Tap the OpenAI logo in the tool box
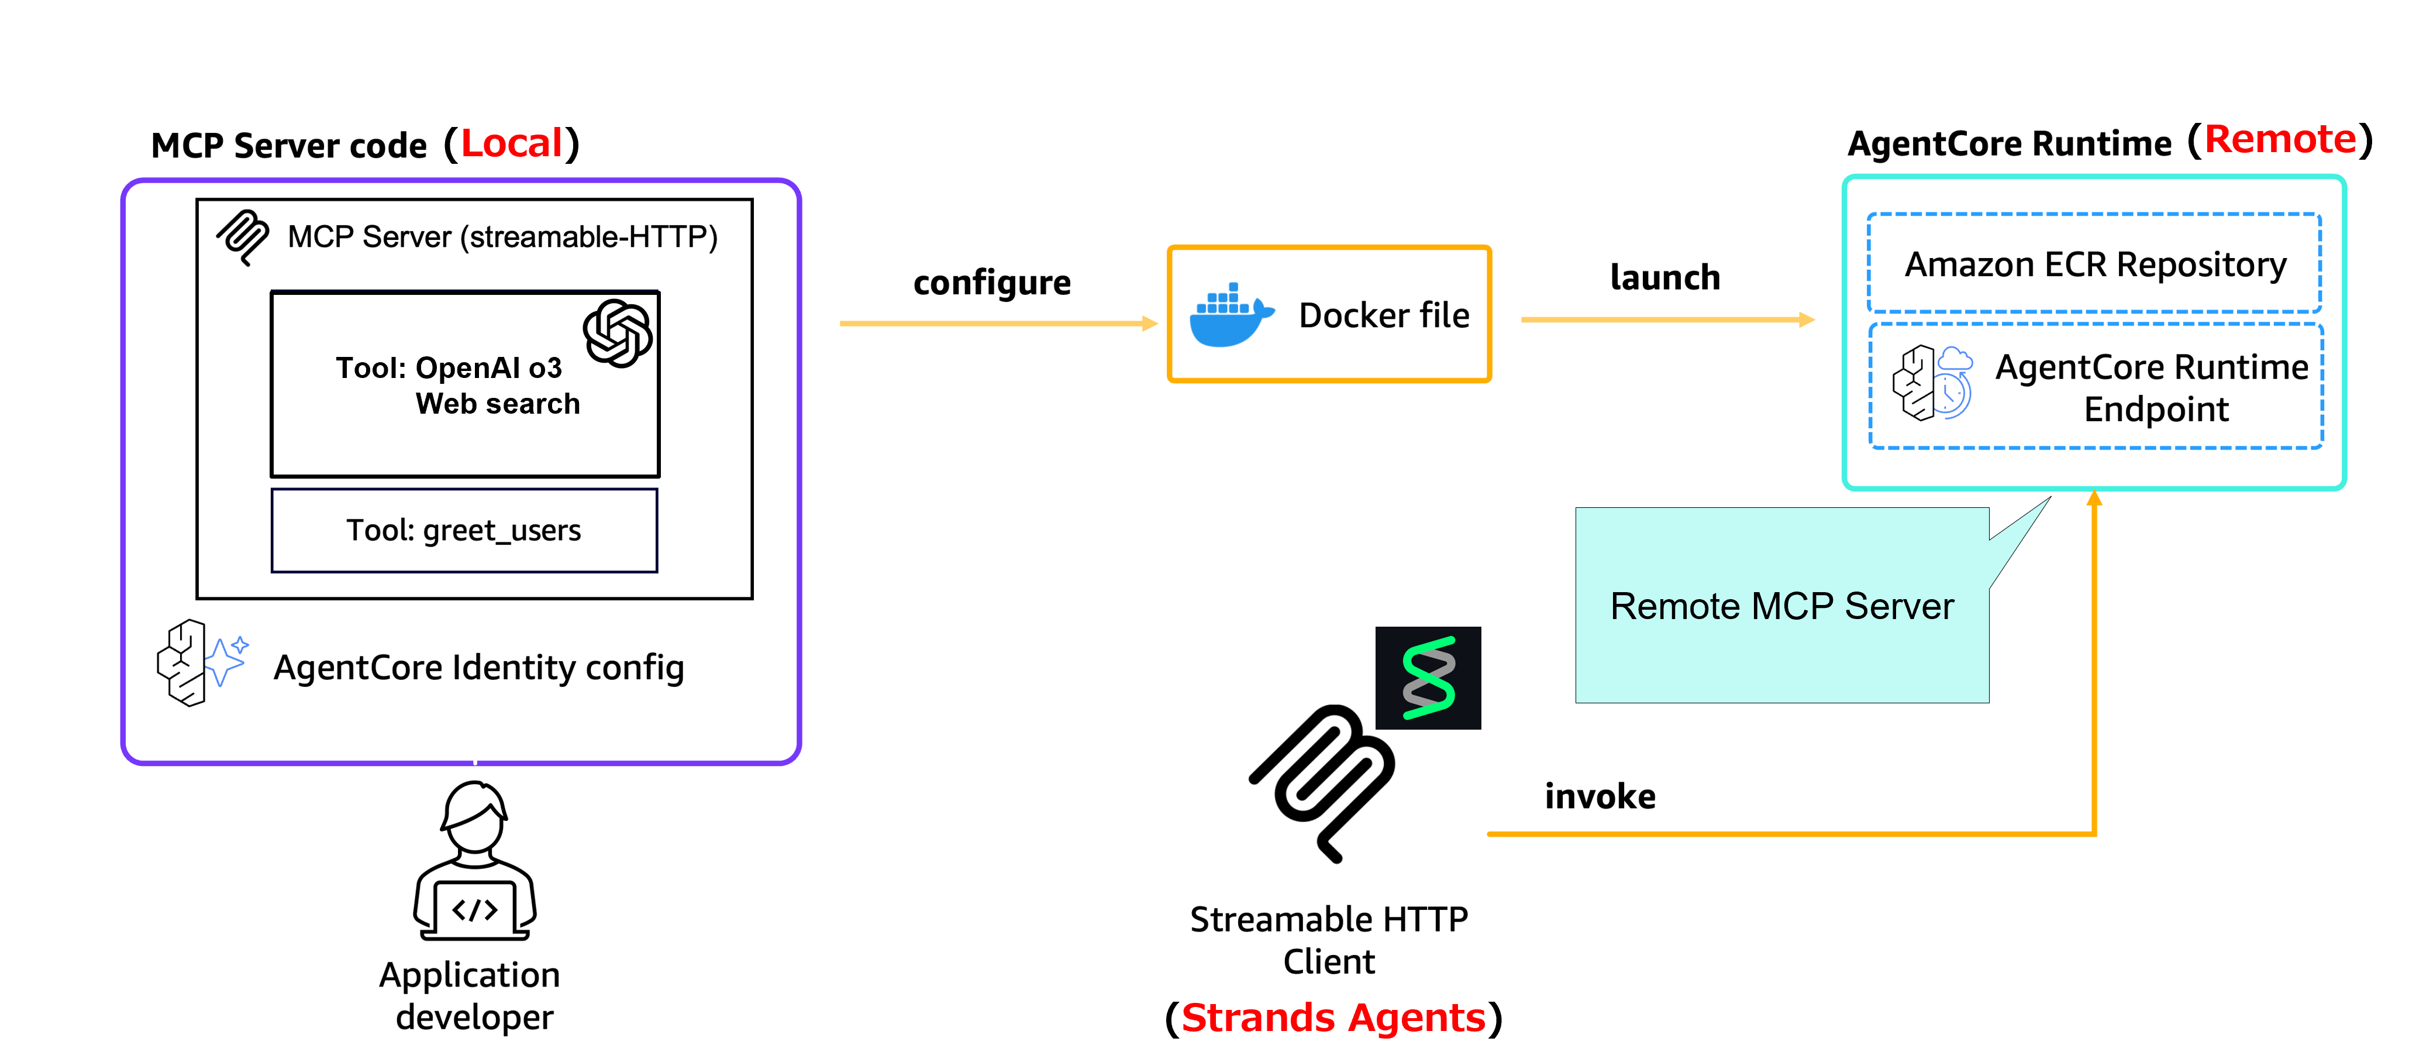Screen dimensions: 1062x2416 [x=617, y=333]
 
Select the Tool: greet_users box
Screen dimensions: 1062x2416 [x=464, y=530]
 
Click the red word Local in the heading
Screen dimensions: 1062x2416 [x=511, y=143]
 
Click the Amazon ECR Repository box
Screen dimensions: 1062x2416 [x=2094, y=264]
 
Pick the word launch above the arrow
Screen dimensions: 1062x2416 [x=1664, y=278]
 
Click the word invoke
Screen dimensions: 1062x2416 [x=1600, y=796]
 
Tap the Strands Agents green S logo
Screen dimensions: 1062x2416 [x=1428, y=678]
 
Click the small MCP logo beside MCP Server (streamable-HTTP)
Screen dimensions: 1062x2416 [x=243, y=236]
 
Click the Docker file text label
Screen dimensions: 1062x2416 [x=1383, y=316]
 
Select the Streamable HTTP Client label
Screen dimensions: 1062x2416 [x=1328, y=940]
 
